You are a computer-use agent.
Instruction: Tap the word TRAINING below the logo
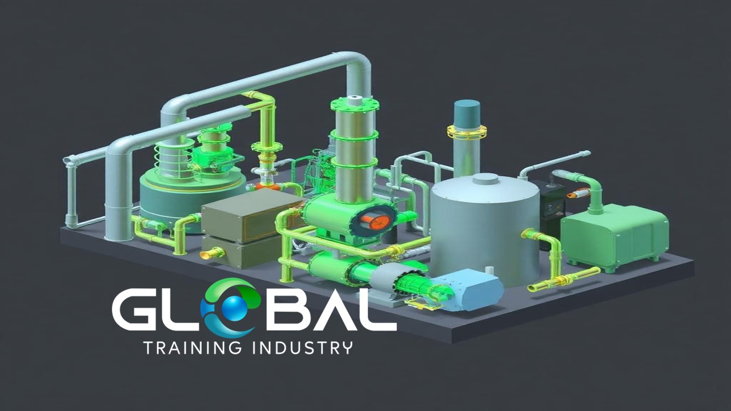tap(193, 348)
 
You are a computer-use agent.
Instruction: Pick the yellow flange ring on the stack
tap(467, 132)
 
